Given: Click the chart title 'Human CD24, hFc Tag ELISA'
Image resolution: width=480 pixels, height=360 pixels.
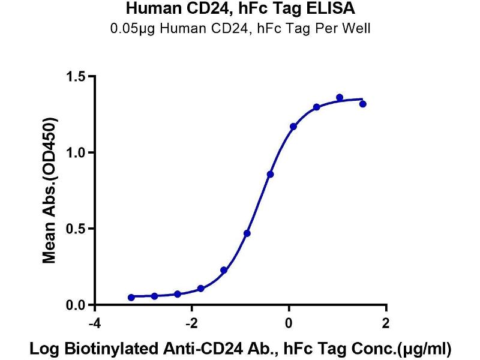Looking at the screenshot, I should click(x=240, y=10).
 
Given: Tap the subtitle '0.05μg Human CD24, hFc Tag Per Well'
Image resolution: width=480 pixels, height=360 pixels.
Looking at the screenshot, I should click(x=240, y=28).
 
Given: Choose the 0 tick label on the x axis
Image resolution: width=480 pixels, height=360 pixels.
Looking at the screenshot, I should click(x=289, y=324).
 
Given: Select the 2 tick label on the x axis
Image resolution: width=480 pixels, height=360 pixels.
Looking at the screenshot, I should click(x=386, y=324).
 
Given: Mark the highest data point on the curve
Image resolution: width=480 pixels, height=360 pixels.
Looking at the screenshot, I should click(x=340, y=97).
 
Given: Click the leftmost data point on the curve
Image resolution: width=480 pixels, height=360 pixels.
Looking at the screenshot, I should click(x=131, y=297).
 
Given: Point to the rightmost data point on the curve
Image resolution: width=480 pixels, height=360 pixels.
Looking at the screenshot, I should click(x=362, y=104).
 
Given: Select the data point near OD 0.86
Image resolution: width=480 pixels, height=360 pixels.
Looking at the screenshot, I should click(x=271, y=174).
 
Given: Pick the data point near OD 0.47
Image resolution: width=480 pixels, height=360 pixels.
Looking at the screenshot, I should click(x=247, y=233).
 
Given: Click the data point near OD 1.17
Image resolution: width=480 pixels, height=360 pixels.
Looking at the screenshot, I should click(x=293, y=127).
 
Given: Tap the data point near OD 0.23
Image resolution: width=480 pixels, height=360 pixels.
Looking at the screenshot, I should click(x=224, y=270).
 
